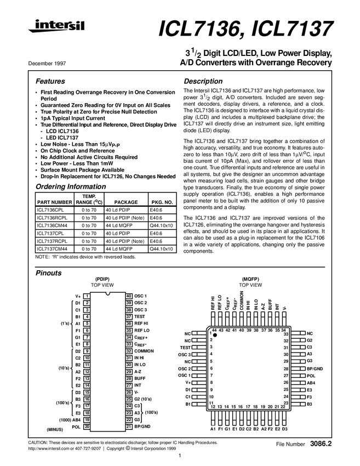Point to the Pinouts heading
(x=48, y=272)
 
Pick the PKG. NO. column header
(x=162, y=202)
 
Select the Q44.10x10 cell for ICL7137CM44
(x=162, y=248)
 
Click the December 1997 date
(x=43, y=63)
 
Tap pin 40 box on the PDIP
(x=129, y=296)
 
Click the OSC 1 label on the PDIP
(x=141, y=296)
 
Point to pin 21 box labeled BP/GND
(x=129, y=426)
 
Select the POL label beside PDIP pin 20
(x=76, y=426)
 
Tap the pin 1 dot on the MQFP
(x=215, y=335)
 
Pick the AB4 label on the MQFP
(x=310, y=383)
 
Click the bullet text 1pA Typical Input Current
(x=73, y=118)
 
